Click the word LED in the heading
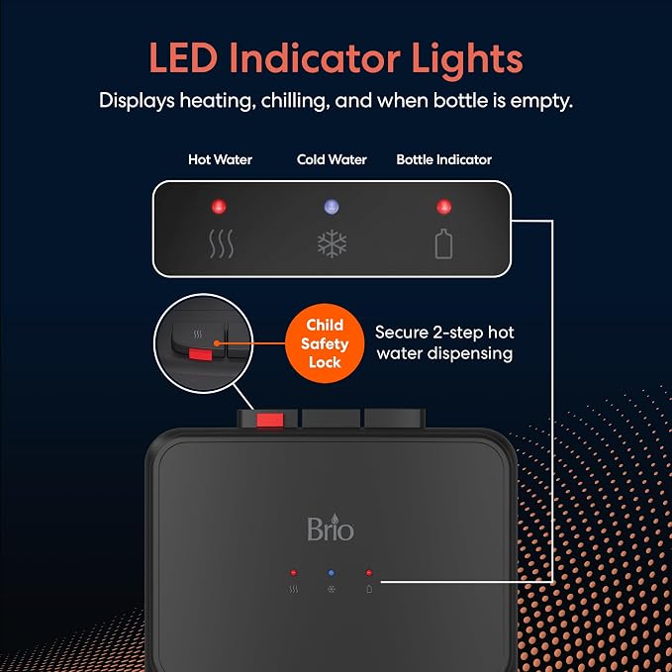point(183,58)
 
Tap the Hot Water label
point(220,160)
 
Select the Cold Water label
point(332,160)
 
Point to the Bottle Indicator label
point(443,160)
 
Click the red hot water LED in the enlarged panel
point(219,207)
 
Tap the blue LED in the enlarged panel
point(332,207)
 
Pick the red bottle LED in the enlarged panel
point(443,207)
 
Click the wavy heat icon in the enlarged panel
point(221,243)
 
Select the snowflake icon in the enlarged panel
point(332,243)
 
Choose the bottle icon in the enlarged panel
point(443,243)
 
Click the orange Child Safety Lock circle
point(325,343)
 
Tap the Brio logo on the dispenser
point(331,527)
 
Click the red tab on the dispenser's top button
point(270,420)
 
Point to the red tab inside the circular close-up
point(201,354)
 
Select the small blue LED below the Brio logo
point(332,573)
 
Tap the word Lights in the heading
point(467,58)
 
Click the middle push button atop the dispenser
point(331,419)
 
